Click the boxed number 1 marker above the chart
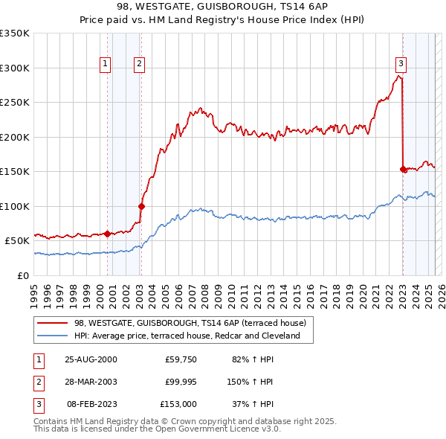pos(106,65)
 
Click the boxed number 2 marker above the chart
pos(140,65)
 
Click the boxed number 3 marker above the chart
pos(401,65)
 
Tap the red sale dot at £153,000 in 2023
pos(403,169)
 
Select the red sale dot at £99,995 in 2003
pos(141,206)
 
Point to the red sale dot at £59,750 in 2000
pos(107,234)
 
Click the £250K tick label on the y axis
pos(15,102)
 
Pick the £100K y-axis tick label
pos(15,206)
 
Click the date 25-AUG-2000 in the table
pos(91,359)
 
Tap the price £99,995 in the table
pos(180,382)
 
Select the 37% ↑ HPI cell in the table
pos(252,404)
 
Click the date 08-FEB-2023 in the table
pos(91,404)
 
